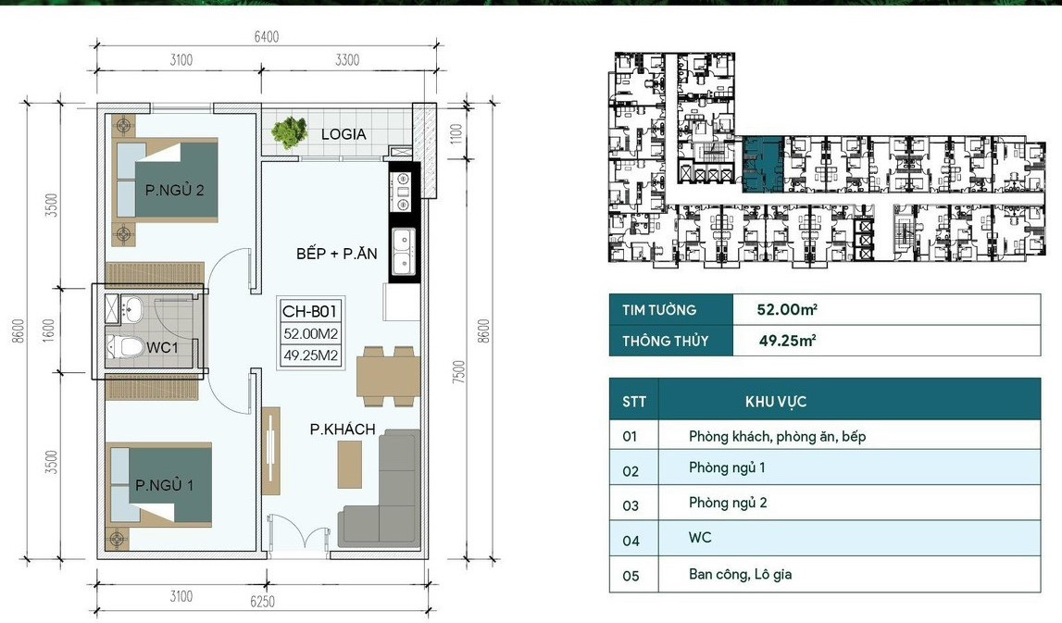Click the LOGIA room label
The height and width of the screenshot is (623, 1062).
coord(344,134)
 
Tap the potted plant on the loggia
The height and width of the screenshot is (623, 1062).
coord(290,132)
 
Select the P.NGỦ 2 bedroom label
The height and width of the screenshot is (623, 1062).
coord(174,191)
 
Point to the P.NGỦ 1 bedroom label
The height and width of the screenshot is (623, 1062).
coord(165,485)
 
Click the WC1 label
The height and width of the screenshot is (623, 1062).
coord(162,347)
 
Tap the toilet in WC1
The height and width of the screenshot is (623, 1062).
coord(124,346)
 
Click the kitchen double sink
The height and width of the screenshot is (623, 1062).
coord(405,253)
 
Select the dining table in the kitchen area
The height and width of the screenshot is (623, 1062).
coord(388,377)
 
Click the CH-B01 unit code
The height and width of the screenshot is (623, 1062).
coord(309,311)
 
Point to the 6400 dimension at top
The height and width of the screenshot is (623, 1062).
coord(266,37)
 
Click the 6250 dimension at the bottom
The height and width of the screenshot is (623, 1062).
coord(262,602)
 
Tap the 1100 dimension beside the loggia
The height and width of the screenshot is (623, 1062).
coord(456,133)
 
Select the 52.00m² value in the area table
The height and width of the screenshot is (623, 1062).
coord(787,309)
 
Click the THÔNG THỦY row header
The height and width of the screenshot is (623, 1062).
coord(665,341)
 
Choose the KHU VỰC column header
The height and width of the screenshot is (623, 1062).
coord(776,402)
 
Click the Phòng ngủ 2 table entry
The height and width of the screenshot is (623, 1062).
coord(728,503)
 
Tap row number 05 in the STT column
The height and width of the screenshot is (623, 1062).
coord(631,576)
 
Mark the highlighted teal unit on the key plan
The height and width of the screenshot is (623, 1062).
coord(763,165)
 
